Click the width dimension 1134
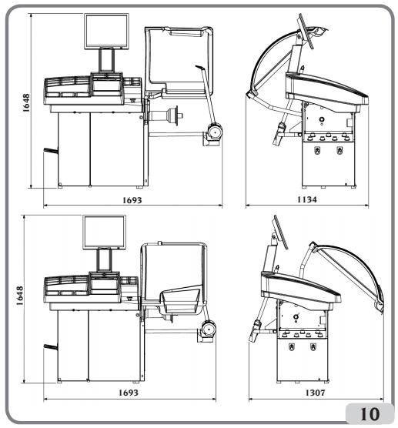click(x=307, y=199)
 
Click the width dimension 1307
click(x=315, y=393)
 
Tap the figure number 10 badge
click(x=370, y=414)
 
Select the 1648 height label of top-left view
click(x=26, y=103)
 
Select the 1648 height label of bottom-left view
click(x=19, y=296)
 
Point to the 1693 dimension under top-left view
click(x=132, y=200)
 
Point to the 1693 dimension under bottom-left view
click(x=129, y=393)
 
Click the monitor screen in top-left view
click(x=106, y=32)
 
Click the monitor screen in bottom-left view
click(x=104, y=232)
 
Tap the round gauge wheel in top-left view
click(x=215, y=132)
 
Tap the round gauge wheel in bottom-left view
click(x=209, y=329)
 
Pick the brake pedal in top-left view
click(x=51, y=150)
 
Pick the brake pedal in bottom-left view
click(x=51, y=347)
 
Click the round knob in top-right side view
click(x=322, y=119)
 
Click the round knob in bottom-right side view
click(x=296, y=317)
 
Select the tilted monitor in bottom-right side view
click(x=281, y=232)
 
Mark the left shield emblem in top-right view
click(x=317, y=150)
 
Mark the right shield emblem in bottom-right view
click(x=313, y=346)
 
